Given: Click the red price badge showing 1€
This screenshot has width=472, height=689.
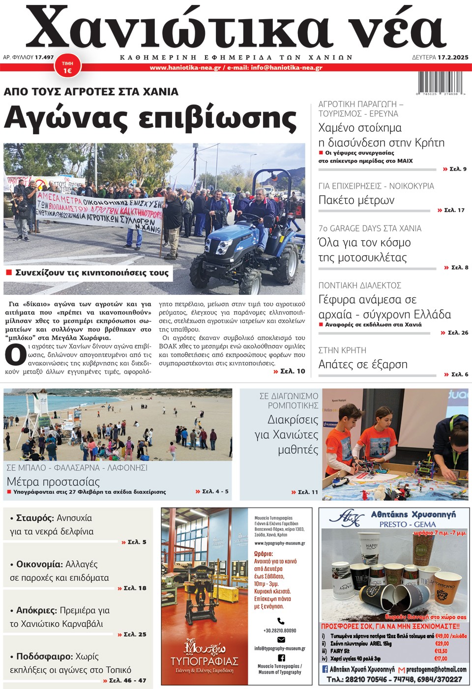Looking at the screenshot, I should pos(67,67).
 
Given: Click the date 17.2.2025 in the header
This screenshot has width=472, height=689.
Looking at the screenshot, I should pos(453,57).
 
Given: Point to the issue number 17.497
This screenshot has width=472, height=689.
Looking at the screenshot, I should pos(44,57).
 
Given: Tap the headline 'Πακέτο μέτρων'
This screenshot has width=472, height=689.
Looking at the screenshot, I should pos(356,200).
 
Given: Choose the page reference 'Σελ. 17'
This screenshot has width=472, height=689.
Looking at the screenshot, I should pos(454,210).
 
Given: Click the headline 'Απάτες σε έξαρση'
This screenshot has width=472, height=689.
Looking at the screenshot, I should pos(363,364).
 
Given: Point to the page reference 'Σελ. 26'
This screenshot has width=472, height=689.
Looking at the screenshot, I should pos(457,333).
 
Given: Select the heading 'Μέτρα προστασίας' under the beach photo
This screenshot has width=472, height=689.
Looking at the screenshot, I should pos(53,482).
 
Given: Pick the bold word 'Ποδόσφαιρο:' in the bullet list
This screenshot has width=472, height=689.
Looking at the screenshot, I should pos(44,657).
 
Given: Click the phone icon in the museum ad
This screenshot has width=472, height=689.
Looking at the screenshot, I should pos(281,621).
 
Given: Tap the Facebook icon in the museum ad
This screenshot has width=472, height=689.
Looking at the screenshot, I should pos(281,658).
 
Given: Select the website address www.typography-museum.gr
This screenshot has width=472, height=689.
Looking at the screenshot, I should pos(279,544).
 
